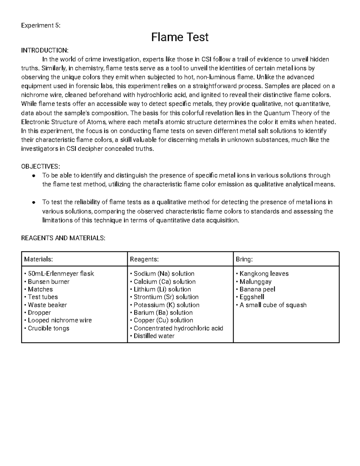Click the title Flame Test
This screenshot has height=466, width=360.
point(180,37)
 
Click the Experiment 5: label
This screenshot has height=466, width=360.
point(40,25)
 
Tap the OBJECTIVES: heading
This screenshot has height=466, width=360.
point(40,167)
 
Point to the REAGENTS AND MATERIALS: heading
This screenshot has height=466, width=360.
point(63,238)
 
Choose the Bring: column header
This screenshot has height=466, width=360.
point(244,259)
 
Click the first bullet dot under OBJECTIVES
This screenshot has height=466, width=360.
point(34,176)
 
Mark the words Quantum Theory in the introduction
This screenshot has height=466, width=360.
point(283,113)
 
